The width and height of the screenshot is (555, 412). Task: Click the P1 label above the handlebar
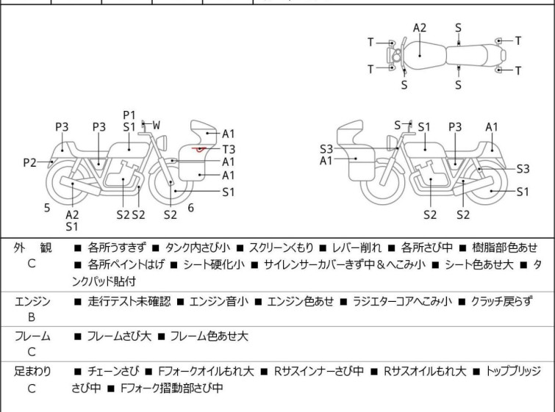click(x=129, y=115)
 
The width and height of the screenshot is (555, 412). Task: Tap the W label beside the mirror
click(x=157, y=126)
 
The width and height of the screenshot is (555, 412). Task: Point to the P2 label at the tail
click(x=29, y=162)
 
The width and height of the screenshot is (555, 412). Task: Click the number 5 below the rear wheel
click(x=47, y=208)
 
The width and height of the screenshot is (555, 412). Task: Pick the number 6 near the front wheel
click(x=190, y=208)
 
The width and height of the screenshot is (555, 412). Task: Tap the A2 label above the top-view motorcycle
click(x=419, y=28)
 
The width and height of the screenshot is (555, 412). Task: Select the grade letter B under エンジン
click(x=32, y=318)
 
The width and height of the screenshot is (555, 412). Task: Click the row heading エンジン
click(x=32, y=301)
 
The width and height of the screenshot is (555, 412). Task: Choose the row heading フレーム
click(x=32, y=336)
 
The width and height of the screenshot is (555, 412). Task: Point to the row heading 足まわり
click(x=32, y=372)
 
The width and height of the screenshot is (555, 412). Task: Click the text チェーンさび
click(x=110, y=372)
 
